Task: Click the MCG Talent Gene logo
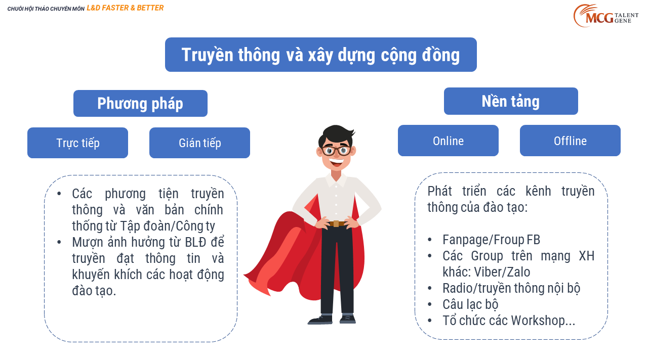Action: tap(606, 16)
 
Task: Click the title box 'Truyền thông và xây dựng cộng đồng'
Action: tap(321, 55)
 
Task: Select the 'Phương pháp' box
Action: tap(140, 104)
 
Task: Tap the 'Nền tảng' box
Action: tap(511, 101)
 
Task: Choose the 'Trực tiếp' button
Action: tap(77, 143)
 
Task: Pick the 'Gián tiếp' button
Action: tap(199, 143)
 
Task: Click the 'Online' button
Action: tap(448, 141)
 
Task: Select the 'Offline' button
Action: tap(570, 141)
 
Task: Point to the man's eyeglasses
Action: tap(336, 151)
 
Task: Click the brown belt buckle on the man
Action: tap(336, 223)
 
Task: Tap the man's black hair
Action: tap(337, 135)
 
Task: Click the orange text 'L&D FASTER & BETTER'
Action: tap(125, 8)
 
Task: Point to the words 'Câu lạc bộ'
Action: tap(470, 304)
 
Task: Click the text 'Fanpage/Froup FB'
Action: tap(491, 240)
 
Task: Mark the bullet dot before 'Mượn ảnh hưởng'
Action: tap(59, 242)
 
